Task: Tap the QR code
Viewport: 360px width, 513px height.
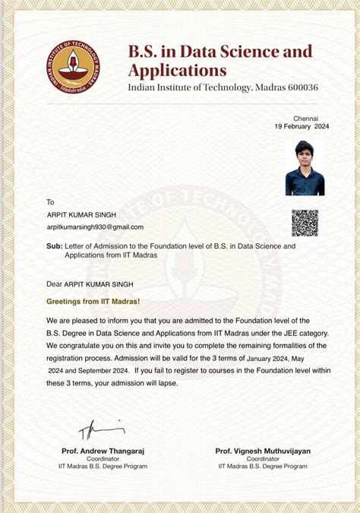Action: pos(305,223)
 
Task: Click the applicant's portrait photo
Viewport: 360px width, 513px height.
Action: pos(305,169)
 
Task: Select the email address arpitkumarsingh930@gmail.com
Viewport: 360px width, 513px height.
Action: pos(95,227)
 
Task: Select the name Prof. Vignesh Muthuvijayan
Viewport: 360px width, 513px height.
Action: pos(262,451)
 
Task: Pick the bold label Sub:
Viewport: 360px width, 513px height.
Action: pos(54,246)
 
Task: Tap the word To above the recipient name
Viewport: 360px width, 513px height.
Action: pos(51,202)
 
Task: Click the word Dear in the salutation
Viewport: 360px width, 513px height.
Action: pos(54,283)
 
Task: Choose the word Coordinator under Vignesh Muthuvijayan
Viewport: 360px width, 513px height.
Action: pos(262,458)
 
